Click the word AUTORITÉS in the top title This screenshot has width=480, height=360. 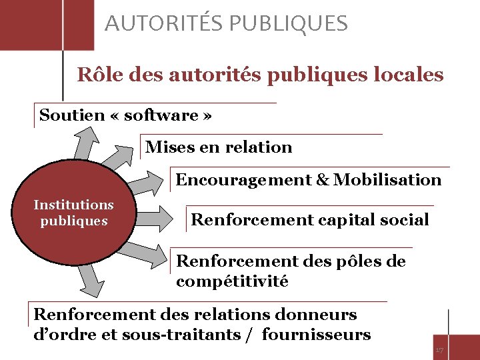[x=164, y=24]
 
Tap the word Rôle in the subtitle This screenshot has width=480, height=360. [x=99, y=75]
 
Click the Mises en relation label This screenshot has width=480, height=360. [x=219, y=147]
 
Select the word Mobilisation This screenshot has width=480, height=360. [x=388, y=180]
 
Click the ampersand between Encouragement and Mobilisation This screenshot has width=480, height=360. [x=323, y=180]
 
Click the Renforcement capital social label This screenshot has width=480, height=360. [x=310, y=220]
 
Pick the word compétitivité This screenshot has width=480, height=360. [x=232, y=281]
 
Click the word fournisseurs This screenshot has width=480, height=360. [x=316, y=335]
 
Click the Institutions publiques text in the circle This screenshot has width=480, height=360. [x=73, y=213]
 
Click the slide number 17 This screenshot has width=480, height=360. [x=439, y=350]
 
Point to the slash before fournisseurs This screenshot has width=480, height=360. [x=249, y=335]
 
